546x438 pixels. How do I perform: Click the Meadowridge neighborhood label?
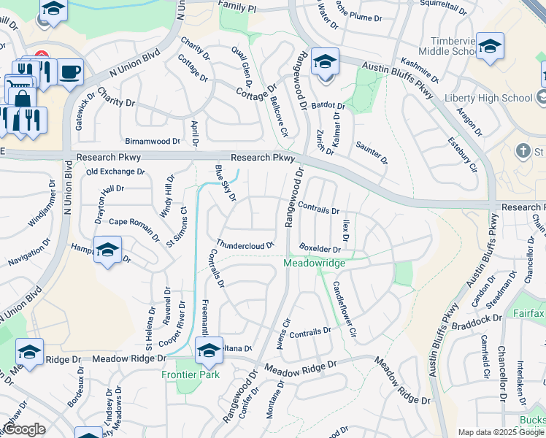(313, 262)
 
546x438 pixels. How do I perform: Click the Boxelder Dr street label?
(320, 249)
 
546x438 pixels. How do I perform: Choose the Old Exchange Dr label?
(115, 172)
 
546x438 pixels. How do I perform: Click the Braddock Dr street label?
(477, 318)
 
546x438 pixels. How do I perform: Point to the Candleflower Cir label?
(344, 308)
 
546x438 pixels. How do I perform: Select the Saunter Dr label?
(372, 151)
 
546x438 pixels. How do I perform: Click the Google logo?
(23, 429)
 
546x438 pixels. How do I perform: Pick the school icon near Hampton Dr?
(107, 251)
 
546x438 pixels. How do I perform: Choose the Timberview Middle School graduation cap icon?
(490, 45)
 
